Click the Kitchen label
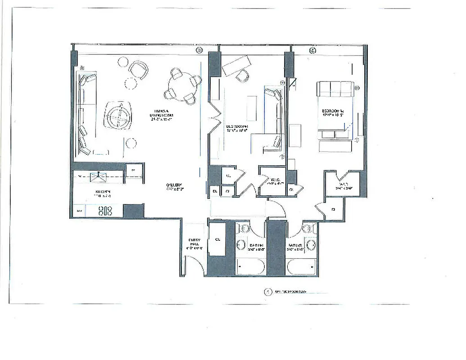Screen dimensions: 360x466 (x=102, y=194)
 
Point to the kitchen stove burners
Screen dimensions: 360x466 (x=105, y=210)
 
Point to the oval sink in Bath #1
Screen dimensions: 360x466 (x=241, y=245)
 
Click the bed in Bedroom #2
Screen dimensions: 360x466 (x=335, y=106)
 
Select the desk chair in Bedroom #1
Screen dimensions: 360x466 (x=243, y=76)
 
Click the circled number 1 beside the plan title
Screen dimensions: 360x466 (x=268, y=292)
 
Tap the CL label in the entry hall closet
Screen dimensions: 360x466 (x=217, y=239)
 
